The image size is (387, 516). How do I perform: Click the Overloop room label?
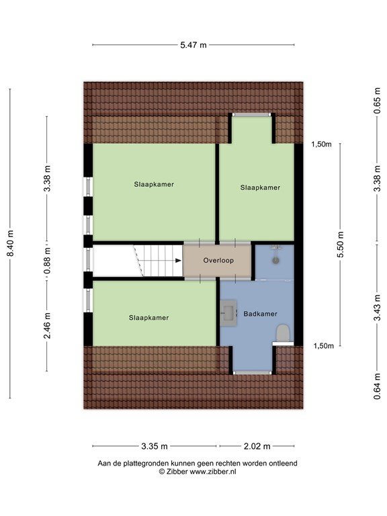coord(218,260)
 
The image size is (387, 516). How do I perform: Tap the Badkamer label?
coord(260,314)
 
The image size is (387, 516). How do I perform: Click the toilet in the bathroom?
coord(283,333)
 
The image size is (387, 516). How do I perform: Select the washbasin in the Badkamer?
coord(228,312)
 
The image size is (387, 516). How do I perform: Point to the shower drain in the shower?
coord(275,260)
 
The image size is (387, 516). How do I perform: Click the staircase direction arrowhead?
coord(178,261)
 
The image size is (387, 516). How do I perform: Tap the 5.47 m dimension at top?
coord(193,45)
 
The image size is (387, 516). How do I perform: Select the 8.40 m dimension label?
coord(11,243)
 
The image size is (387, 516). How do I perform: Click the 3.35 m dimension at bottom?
coord(155,446)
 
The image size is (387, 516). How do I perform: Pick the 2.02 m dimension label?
coord(257,446)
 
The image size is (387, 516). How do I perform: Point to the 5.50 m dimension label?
coord(340,244)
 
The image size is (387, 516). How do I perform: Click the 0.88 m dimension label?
coord(48,261)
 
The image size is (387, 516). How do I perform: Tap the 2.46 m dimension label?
coord(48,326)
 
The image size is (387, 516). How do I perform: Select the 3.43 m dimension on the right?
coord(377,308)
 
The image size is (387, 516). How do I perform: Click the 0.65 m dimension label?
coord(377,101)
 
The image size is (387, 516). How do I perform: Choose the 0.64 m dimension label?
coord(377,386)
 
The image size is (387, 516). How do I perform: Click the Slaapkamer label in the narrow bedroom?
coord(260,187)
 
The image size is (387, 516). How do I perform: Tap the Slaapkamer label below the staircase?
coord(148,318)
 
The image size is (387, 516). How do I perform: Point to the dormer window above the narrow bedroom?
coord(252,115)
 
